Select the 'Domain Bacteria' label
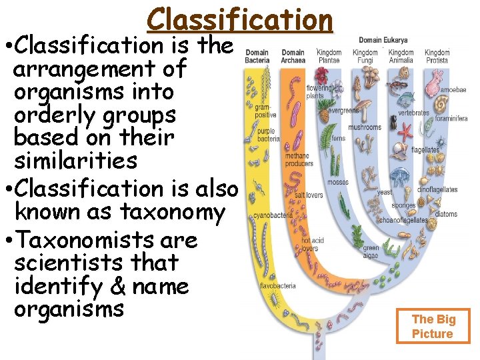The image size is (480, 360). pos(257,57)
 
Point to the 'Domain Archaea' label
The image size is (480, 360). pos(293,57)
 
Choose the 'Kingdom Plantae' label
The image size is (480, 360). pos(329,57)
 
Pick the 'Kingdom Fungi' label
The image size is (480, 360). pos(365,57)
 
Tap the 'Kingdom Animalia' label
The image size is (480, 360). pos(401,57)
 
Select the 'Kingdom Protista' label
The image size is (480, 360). pos(437,57)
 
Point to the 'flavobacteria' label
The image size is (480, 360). pos(278,287)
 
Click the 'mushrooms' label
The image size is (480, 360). pos(365,127)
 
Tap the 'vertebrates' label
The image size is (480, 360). pos(413,113)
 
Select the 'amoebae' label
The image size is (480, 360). pos(453,89)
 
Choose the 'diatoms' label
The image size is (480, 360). pos(446,214)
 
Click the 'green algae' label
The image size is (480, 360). pos(371,251)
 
